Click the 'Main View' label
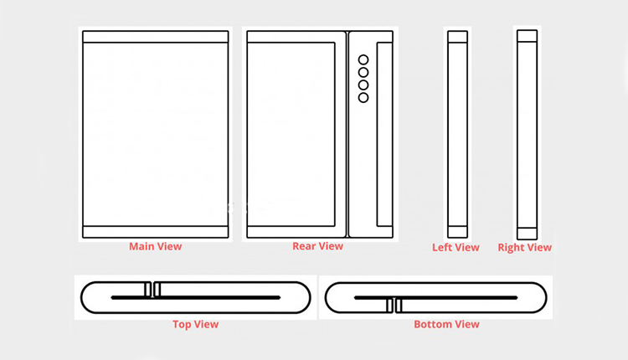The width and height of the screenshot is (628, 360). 156,246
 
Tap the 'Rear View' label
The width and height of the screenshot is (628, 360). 317,246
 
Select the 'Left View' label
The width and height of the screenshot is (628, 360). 456,248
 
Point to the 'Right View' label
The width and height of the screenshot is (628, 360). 525,248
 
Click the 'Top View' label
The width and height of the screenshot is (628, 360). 195,324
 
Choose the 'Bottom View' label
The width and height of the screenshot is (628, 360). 446,324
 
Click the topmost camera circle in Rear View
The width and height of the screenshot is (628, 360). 363,59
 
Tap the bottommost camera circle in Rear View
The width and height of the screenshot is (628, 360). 363,97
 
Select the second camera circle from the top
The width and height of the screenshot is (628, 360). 363,72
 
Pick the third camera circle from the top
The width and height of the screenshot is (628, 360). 363,85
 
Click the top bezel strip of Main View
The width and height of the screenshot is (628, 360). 156,37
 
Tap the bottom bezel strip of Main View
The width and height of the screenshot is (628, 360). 156,232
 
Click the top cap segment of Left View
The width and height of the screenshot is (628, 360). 457,37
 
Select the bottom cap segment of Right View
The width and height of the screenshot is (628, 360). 527,234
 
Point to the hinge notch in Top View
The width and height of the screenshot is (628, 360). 152,290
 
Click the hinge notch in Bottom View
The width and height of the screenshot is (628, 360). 394,306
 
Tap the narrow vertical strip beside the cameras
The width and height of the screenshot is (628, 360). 384,134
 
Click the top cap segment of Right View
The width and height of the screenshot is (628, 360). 527,36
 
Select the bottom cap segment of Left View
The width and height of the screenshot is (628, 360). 457,232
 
